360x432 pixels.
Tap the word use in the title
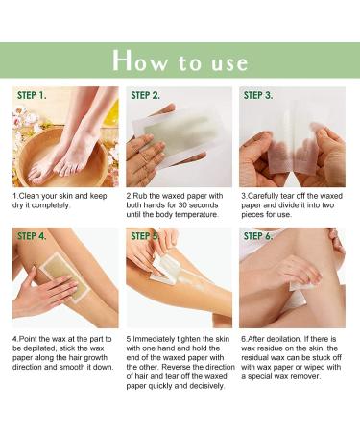pyautogui.click(x=227, y=63)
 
